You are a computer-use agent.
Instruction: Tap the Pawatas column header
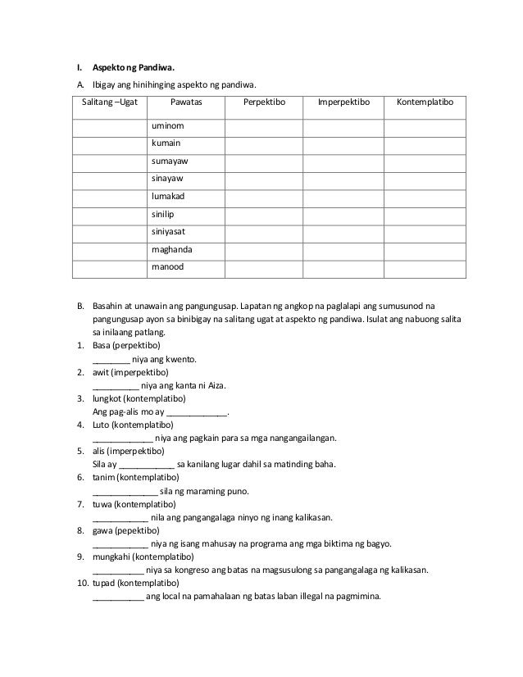(x=186, y=103)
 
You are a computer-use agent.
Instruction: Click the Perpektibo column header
(x=264, y=103)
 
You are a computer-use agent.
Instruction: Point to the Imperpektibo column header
(x=344, y=103)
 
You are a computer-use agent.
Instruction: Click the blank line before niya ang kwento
(x=111, y=361)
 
